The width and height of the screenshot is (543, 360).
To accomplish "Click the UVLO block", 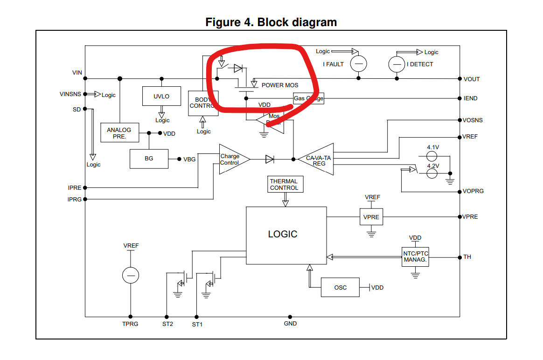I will pyautogui.click(x=161, y=96).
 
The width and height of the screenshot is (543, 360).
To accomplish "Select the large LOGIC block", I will pyautogui.click(x=286, y=235).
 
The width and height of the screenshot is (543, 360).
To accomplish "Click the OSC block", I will pyautogui.click(x=340, y=288).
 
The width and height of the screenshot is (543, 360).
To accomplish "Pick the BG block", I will pyautogui.click(x=149, y=159).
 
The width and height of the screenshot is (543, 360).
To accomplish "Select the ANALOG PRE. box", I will pyautogui.click(x=119, y=133).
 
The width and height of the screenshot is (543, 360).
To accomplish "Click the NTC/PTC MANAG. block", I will pyautogui.click(x=415, y=256).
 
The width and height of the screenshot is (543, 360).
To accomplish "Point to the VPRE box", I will pyautogui.click(x=371, y=217).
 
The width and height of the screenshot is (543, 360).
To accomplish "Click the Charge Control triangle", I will pyautogui.click(x=230, y=159).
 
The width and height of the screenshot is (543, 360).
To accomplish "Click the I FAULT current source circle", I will pyautogui.click(x=358, y=64).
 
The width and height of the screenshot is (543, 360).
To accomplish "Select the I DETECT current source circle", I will pyautogui.click(x=397, y=64).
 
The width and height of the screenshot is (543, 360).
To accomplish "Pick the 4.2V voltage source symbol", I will pyautogui.click(x=432, y=173).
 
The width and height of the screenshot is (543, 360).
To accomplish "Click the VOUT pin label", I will pyautogui.click(x=472, y=79).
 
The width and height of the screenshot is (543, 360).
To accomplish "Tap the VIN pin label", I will pyautogui.click(x=77, y=73).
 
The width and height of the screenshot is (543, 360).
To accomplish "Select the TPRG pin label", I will pyautogui.click(x=130, y=324).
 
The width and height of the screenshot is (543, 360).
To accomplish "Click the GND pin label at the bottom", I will pyautogui.click(x=290, y=323).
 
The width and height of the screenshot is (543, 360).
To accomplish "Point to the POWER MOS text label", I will pyautogui.click(x=280, y=85).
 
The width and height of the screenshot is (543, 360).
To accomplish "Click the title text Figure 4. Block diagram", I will pyautogui.click(x=271, y=22).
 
